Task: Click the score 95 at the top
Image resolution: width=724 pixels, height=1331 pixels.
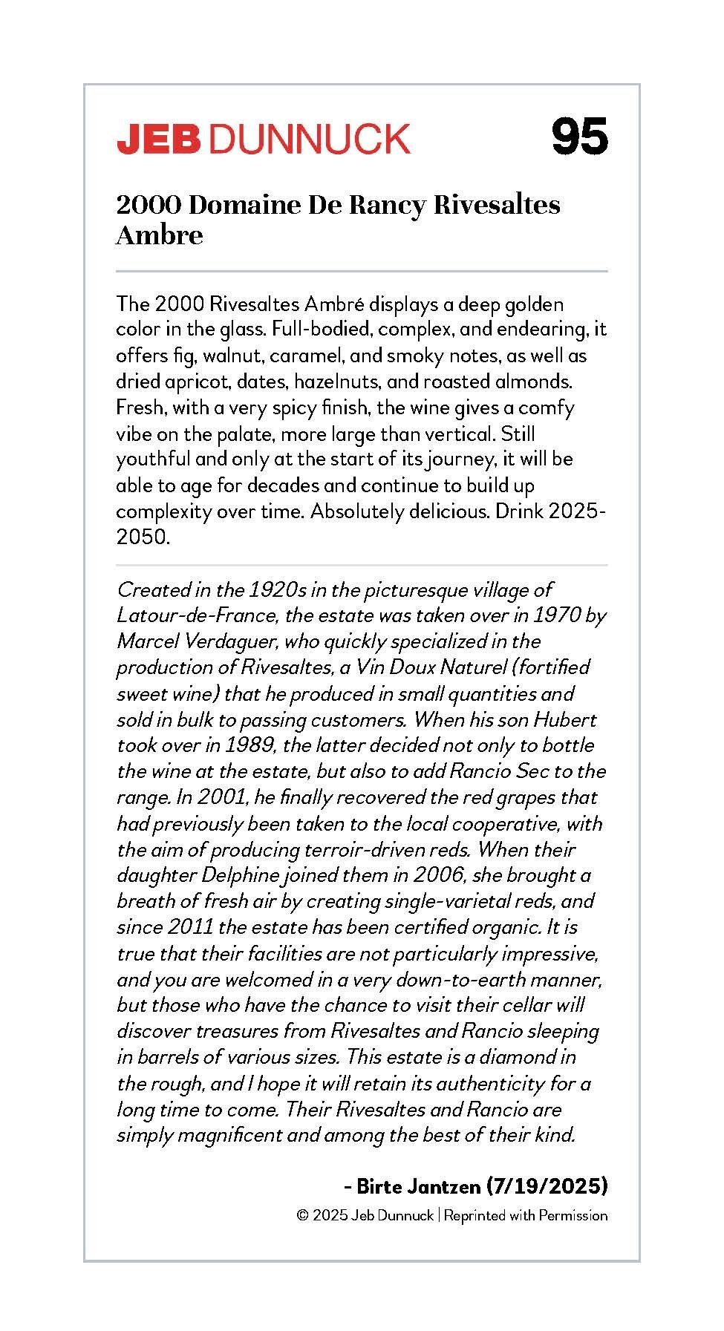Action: [x=580, y=137]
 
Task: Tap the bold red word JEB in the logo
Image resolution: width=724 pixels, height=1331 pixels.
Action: [x=159, y=139]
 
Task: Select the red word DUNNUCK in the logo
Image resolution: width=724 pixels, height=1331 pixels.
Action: [x=310, y=139]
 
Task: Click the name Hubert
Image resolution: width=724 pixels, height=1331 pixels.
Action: [x=565, y=719]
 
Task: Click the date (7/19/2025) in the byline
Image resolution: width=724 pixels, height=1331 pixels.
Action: [x=547, y=1186]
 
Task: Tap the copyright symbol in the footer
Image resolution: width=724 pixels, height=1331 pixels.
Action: [x=302, y=1216]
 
